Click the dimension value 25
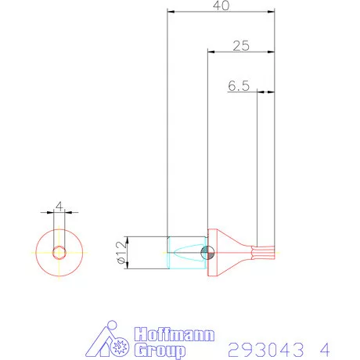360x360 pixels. pyautogui.click(x=241, y=45)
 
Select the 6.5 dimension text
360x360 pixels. pyautogui.click(x=239, y=85)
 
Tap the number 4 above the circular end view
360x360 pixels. pyautogui.click(x=59, y=207)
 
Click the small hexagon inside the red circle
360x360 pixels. pyautogui.click(x=59, y=252)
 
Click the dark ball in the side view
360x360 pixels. pyautogui.click(x=207, y=253)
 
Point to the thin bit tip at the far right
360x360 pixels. pyautogui.click(x=267, y=253)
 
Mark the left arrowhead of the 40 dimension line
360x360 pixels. pyautogui.click(x=171, y=12)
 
